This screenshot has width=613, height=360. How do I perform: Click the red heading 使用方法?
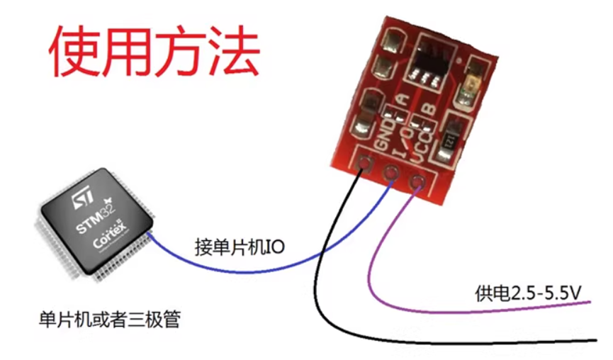(153, 53)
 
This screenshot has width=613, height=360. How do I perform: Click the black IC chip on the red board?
(429, 61)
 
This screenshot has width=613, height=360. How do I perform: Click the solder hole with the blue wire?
(390, 174)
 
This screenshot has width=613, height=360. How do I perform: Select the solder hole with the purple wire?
(417, 184)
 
